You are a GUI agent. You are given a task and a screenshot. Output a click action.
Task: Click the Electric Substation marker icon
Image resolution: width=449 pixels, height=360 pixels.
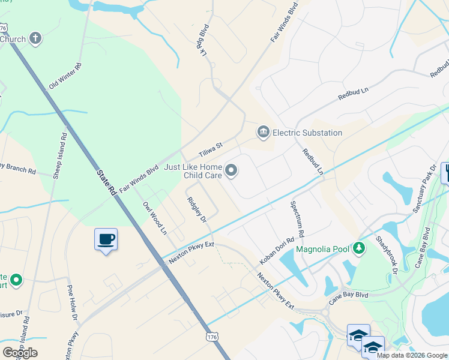tap(263, 133)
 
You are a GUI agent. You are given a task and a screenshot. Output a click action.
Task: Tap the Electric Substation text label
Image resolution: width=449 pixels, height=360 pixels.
tap(307, 133)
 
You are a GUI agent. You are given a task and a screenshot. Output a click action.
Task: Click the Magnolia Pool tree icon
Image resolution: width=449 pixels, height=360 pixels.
tap(359, 248)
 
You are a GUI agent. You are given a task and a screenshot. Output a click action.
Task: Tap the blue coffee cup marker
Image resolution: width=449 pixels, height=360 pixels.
tap(106, 239)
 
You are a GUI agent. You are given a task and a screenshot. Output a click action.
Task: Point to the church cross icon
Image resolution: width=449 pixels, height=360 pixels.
tap(35, 39)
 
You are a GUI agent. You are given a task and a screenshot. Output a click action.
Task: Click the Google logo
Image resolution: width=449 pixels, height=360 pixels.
tap(20, 352)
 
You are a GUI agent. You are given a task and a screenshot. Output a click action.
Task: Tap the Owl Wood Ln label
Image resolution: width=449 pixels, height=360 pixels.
tap(154, 218)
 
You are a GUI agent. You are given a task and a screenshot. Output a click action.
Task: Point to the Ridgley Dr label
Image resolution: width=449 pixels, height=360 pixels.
tap(196, 209)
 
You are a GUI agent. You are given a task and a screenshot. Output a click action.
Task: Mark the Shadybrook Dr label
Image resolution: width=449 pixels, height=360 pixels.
tap(387, 254)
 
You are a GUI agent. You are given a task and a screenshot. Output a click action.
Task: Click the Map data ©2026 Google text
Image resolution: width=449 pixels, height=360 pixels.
tap(412, 355)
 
